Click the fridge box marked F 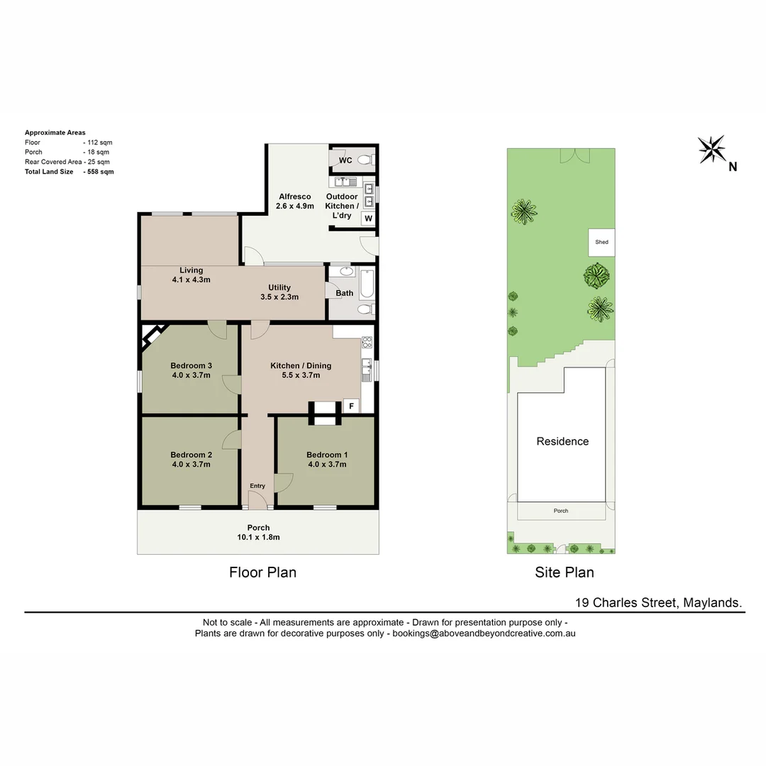[x=350, y=406]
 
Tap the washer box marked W [x=368, y=218]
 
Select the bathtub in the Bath [x=367, y=283]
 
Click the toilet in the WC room [x=365, y=160]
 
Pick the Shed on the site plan [x=601, y=243]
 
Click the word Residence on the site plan [x=562, y=441]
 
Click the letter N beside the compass [x=733, y=167]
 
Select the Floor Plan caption [x=262, y=572]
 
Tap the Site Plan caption [x=565, y=572]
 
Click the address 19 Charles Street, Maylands [x=659, y=603]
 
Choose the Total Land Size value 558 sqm [x=99, y=172]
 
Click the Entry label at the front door [x=257, y=486]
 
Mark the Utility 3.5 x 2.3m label [x=279, y=292]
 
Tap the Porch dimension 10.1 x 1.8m [x=258, y=537]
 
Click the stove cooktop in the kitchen [x=367, y=342]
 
